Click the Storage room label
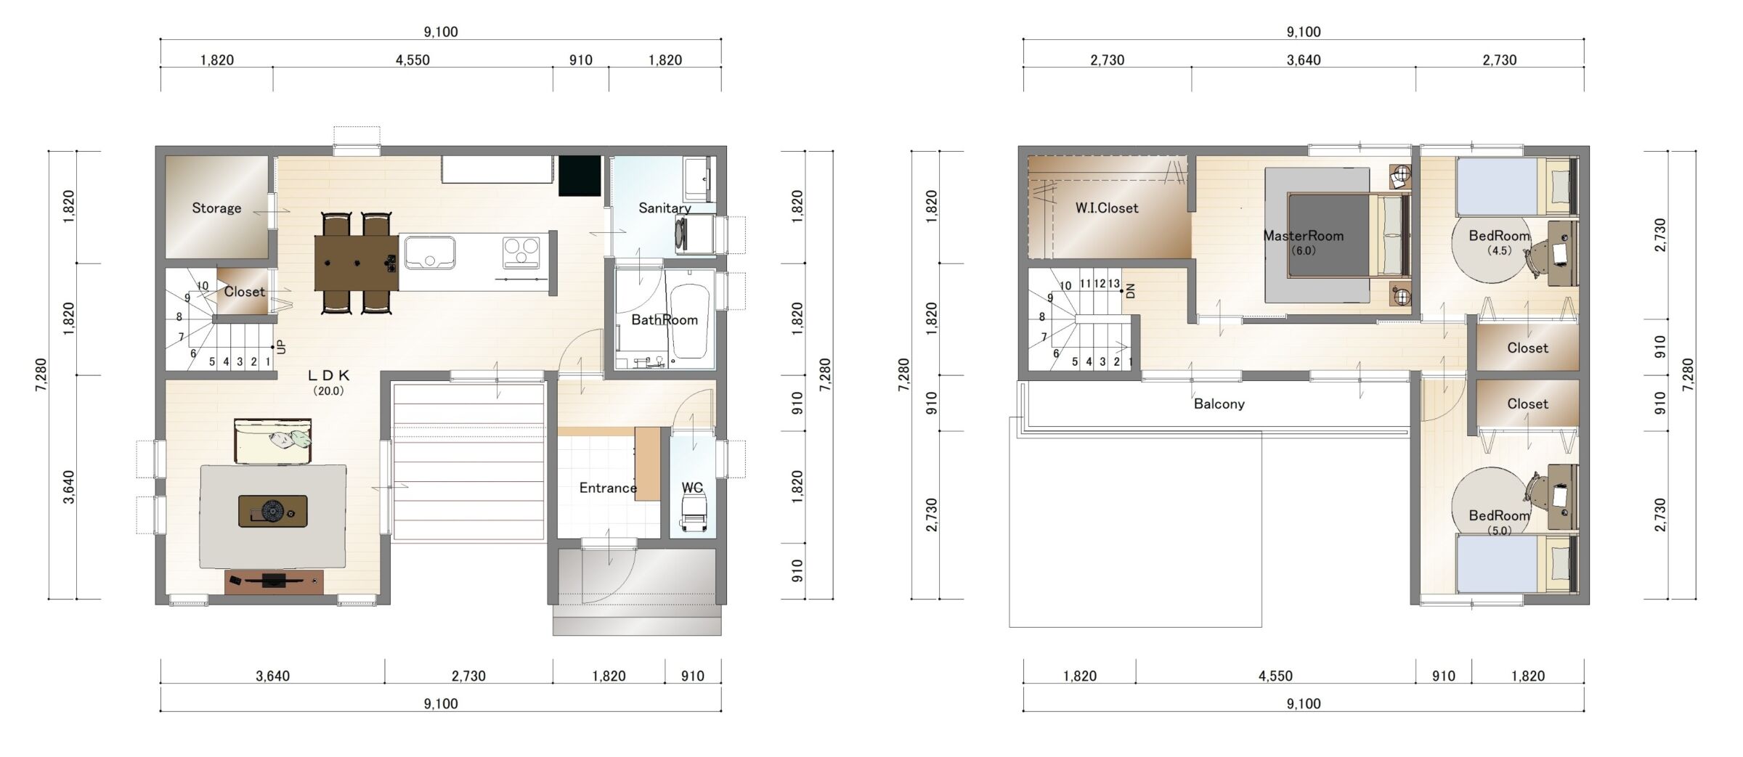coord(216,208)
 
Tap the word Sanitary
coord(665,208)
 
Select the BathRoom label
coord(664,320)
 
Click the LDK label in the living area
coord(329,375)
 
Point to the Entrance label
coord(608,488)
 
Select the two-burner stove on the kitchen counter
coord(521,253)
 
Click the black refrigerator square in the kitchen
coord(580,176)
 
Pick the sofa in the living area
coord(272,441)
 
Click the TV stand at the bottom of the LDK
coord(274,582)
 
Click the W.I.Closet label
coord(1107,208)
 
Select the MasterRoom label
coord(1304,236)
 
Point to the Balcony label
coord(1219,404)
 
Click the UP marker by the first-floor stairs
coord(282,347)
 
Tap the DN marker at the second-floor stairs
coord(1130,292)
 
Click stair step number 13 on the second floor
coord(1113,284)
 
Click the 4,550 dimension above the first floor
coord(413,60)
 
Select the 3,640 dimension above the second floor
coord(1304,60)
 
